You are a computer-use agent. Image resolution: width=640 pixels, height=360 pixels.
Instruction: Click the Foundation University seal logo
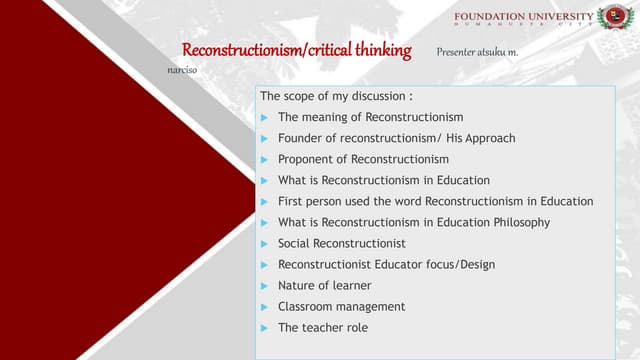[x=614, y=17]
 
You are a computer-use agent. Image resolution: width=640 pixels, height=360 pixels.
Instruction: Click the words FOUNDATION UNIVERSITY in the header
[x=522, y=17]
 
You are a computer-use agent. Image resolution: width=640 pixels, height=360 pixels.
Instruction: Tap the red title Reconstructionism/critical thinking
[x=296, y=51]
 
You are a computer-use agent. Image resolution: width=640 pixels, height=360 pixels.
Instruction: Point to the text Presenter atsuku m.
[x=477, y=50]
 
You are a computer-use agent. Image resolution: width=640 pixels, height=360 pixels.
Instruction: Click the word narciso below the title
[x=182, y=70]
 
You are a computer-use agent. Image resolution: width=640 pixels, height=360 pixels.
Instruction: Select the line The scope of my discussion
[x=336, y=97]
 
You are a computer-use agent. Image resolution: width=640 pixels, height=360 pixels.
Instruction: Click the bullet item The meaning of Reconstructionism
[x=370, y=117]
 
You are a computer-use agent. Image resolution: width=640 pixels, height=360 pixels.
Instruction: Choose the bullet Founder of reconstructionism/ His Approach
[x=396, y=138]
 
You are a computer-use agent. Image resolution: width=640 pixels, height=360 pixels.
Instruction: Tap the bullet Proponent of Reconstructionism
[x=363, y=159]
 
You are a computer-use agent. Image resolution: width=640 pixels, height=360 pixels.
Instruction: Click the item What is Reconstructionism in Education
[x=383, y=180]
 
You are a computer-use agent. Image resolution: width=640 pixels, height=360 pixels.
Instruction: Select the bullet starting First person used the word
[x=435, y=201]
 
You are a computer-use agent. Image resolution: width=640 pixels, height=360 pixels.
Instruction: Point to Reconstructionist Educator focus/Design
[x=386, y=264]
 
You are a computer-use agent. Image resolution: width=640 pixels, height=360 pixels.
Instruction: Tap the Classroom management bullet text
[x=341, y=306]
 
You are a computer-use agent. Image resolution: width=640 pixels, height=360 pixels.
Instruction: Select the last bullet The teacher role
[x=316, y=327]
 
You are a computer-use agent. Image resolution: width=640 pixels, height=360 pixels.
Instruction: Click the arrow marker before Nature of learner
[x=264, y=285]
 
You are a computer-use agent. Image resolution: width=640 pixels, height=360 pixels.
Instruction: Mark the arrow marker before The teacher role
[x=264, y=327]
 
